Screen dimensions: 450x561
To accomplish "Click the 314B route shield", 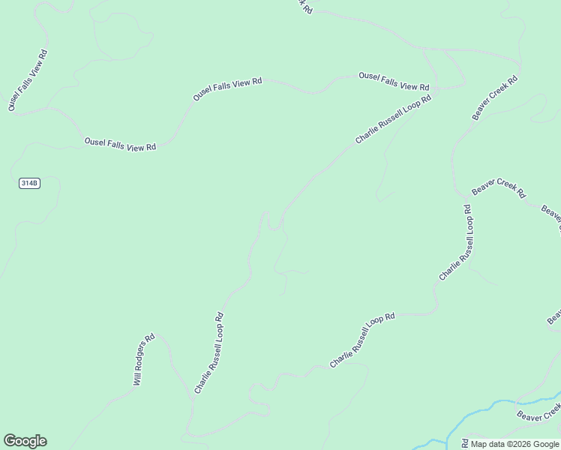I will pyautogui.click(x=28, y=183).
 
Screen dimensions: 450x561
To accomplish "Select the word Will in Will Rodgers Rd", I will pyautogui.click(x=136, y=378).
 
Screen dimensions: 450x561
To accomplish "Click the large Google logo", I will pyautogui.click(x=25, y=441).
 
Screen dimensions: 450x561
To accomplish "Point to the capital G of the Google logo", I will pyautogui.click(x=10, y=441).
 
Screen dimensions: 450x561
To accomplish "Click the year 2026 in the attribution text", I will pyautogui.click(x=519, y=444).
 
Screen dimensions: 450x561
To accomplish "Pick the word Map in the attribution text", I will pyautogui.click(x=478, y=444).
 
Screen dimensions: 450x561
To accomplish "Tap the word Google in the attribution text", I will pyautogui.click(x=544, y=444).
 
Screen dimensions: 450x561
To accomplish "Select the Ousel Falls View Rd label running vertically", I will pyautogui.click(x=28, y=81).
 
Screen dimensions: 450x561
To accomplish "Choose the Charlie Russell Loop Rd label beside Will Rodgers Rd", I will pyautogui.click(x=209, y=352).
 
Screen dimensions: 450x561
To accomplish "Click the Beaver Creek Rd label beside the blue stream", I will pyautogui.click(x=539, y=412).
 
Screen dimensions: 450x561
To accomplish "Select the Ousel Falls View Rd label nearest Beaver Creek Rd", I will pyautogui.click(x=394, y=81).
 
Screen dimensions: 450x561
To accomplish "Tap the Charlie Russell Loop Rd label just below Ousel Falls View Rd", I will pyautogui.click(x=394, y=119).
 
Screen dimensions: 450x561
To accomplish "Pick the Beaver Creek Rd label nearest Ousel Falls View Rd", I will pyautogui.click(x=495, y=97).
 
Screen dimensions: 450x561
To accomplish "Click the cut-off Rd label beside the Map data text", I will pyautogui.click(x=465, y=444).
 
